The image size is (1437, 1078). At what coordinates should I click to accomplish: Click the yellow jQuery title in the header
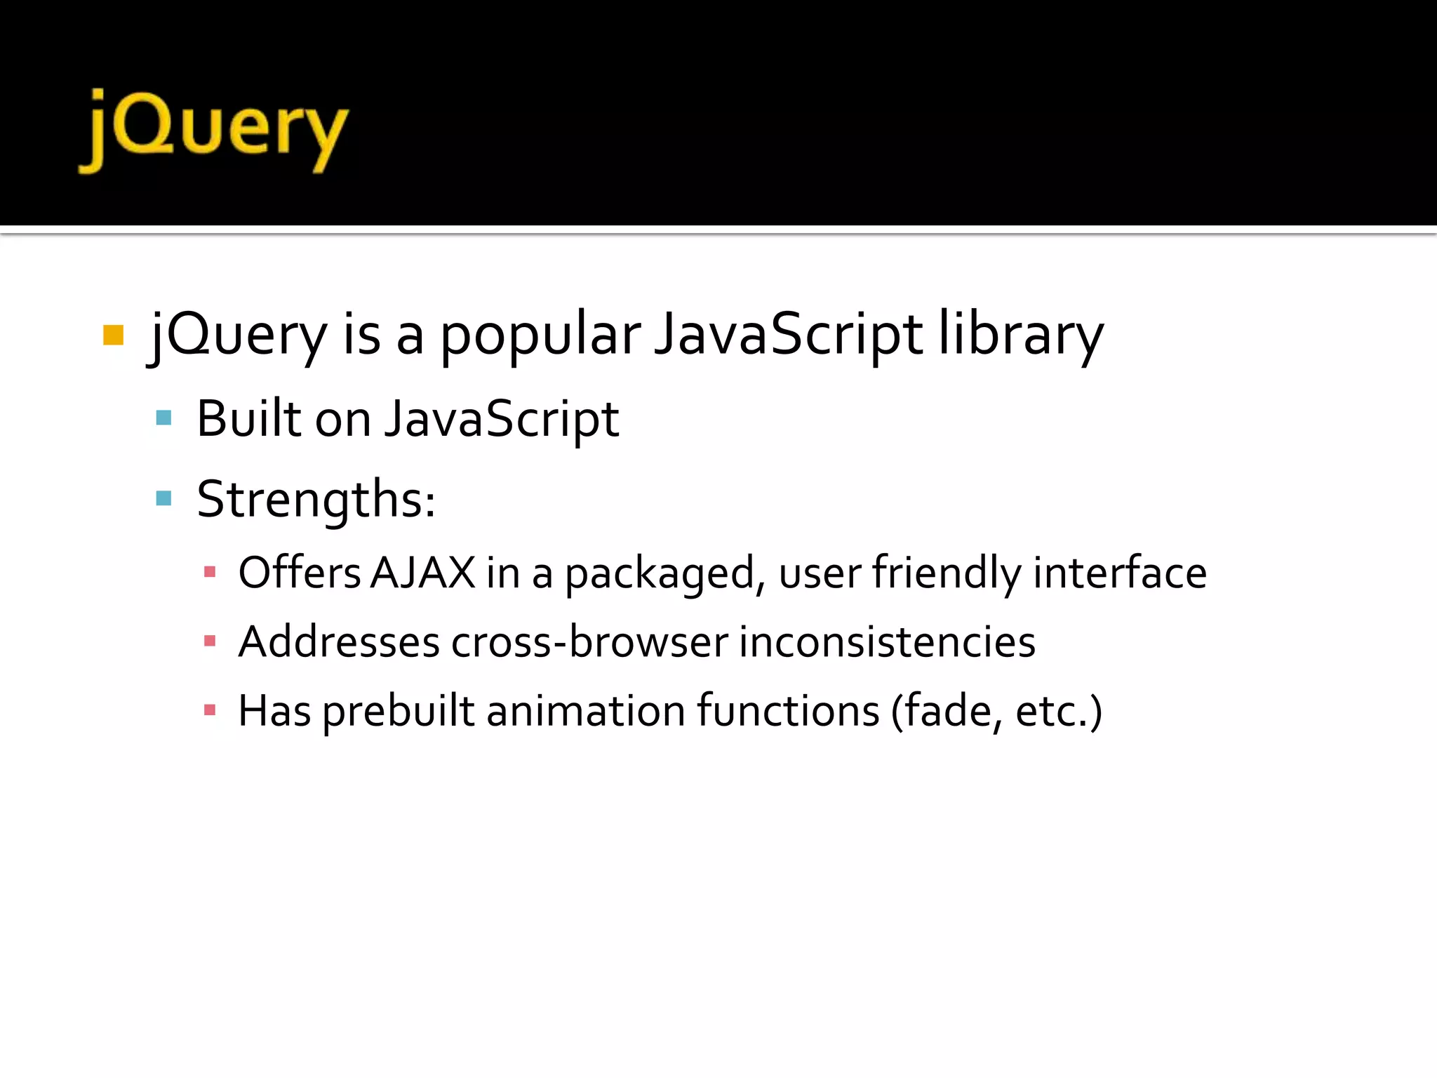pos(214,131)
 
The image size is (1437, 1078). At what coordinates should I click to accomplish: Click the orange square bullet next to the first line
pos(113,335)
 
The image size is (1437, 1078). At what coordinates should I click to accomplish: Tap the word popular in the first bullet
pos(540,335)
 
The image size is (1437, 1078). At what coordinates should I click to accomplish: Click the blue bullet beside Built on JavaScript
pos(163,418)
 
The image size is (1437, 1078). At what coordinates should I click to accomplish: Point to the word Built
pos(248,418)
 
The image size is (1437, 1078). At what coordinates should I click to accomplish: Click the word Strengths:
pos(316,499)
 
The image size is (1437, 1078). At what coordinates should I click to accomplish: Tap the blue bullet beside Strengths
pos(163,499)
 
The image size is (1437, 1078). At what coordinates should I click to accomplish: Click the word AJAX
pos(423,573)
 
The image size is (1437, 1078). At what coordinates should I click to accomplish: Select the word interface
pos(1120,573)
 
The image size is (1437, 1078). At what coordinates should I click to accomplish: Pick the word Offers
pos(300,573)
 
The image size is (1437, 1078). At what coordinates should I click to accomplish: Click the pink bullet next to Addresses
pos(209,641)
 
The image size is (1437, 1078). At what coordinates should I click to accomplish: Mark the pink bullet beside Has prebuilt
pos(209,710)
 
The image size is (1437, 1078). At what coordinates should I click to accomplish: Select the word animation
pos(585,710)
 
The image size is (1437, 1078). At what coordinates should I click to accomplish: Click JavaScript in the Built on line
pos(502,418)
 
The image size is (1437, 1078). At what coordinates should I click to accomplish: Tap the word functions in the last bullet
pos(788,710)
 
